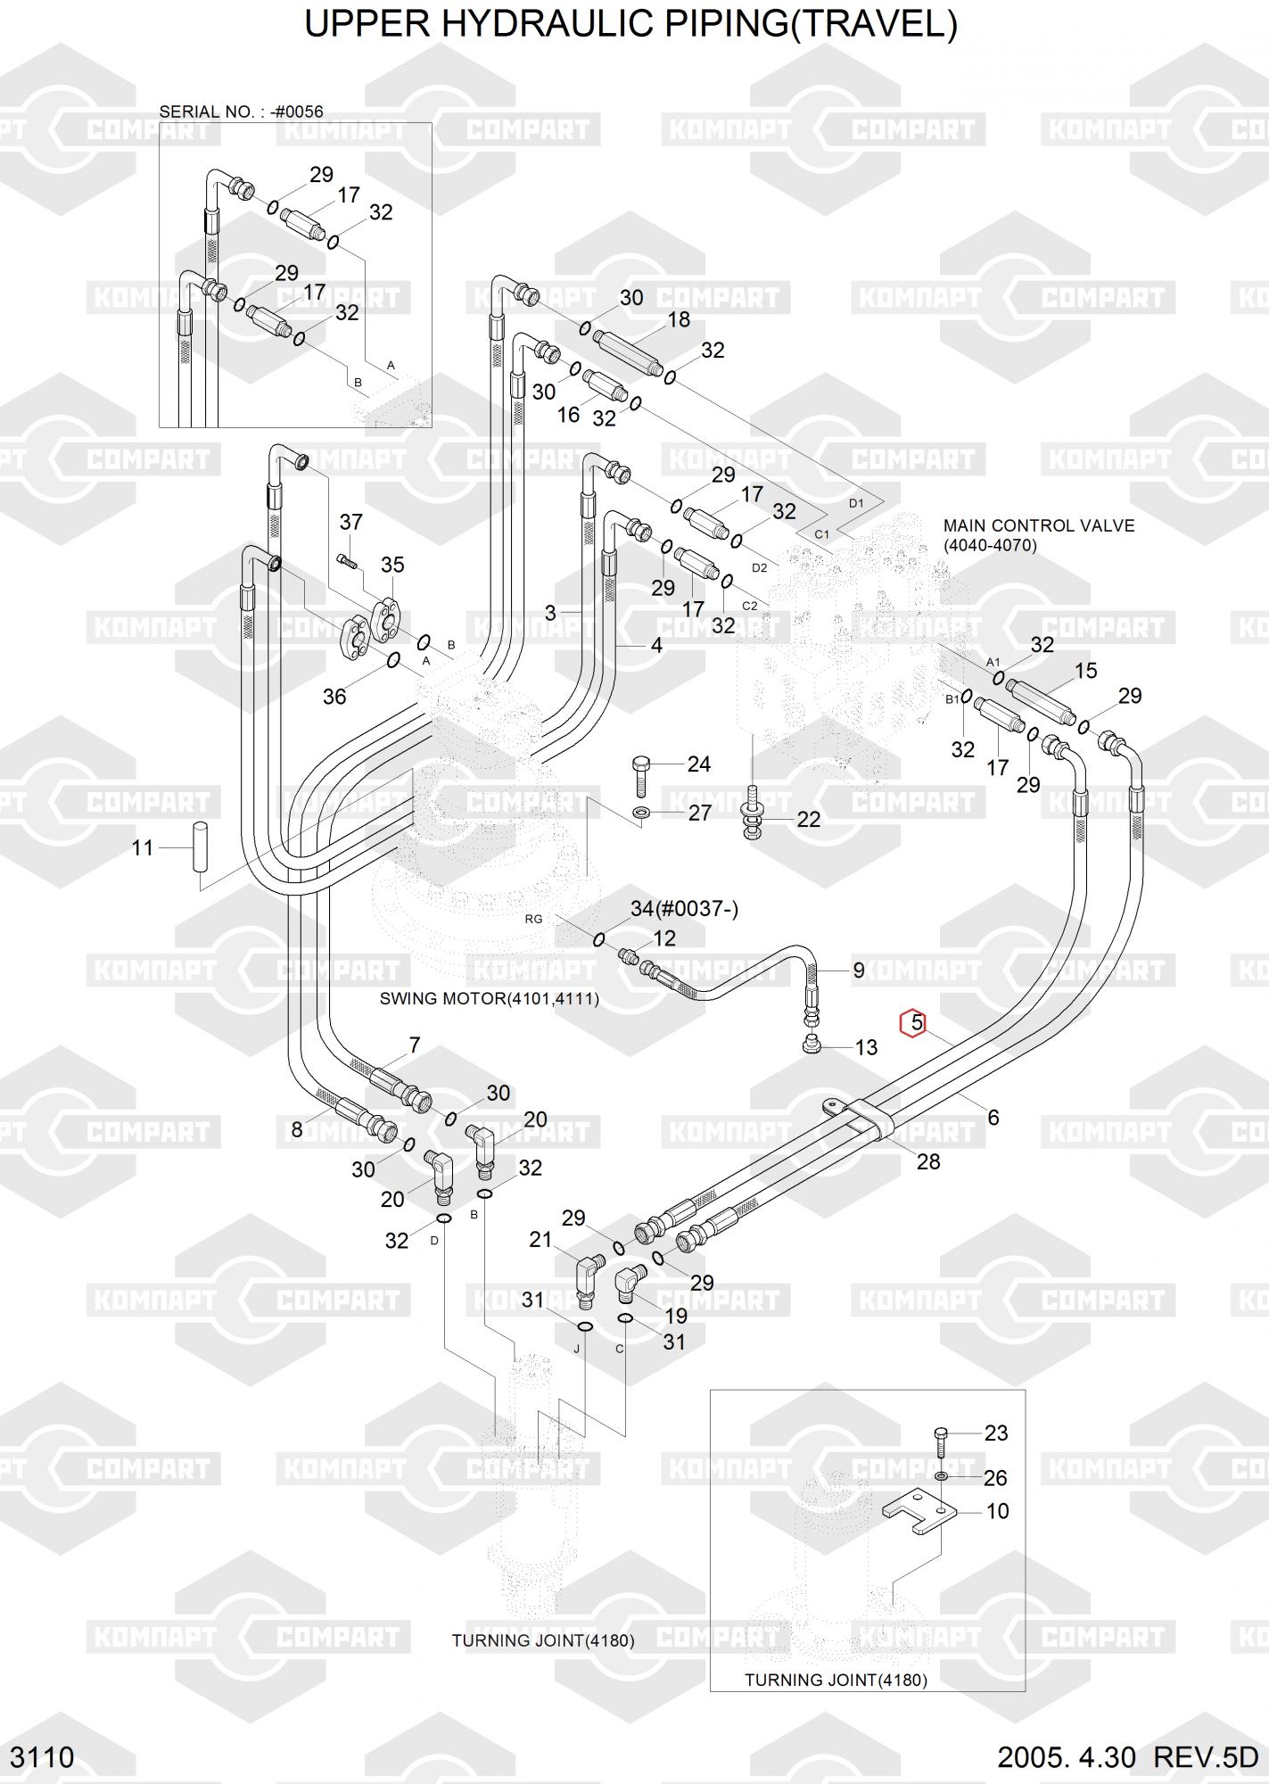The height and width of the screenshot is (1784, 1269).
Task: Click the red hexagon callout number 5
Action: (916, 1023)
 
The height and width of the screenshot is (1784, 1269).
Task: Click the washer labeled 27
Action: (641, 814)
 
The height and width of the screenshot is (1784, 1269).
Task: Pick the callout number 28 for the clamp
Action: (928, 1161)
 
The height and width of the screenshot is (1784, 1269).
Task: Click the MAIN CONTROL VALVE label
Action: (1039, 525)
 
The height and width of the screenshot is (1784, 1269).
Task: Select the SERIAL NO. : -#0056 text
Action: (241, 111)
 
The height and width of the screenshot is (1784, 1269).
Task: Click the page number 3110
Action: (42, 1756)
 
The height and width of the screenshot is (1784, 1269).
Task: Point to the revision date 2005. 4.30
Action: (1066, 1756)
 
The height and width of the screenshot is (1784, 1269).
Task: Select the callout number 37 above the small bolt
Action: (350, 522)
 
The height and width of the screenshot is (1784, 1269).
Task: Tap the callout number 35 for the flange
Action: (392, 565)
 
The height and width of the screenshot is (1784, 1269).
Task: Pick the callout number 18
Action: (679, 319)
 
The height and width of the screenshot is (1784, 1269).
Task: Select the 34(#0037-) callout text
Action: (684, 909)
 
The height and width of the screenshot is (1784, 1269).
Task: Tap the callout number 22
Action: (808, 819)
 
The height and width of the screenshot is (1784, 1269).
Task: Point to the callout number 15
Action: (1085, 671)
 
